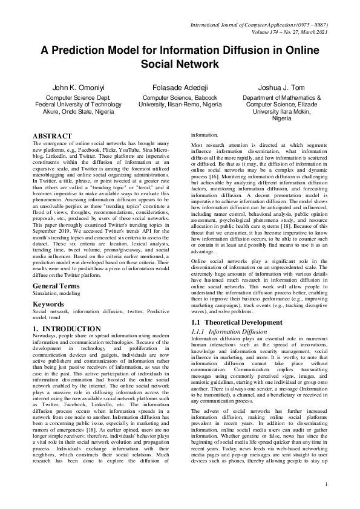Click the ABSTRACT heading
tap(52, 137)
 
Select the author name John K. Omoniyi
tap(79, 88)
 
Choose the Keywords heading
tap(49, 287)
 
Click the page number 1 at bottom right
tap(326, 501)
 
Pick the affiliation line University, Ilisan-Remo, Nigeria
tap(180, 105)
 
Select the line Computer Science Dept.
tap(79, 97)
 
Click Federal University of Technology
tap(79, 105)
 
